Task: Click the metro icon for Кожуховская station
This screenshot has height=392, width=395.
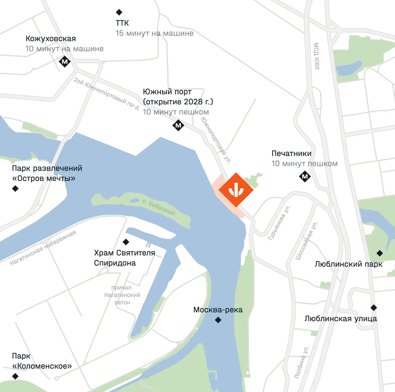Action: click(x=65, y=62)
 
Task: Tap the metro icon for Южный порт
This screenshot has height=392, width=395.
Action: click(x=178, y=125)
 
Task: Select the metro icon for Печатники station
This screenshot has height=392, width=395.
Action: click(x=305, y=176)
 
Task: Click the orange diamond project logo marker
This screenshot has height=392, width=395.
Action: click(x=236, y=190)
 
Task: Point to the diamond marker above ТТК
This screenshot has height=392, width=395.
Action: click(x=119, y=12)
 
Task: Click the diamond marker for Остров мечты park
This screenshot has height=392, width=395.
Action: click(x=15, y=189)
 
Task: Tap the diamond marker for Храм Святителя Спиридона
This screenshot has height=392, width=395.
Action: click(x=126, y=242)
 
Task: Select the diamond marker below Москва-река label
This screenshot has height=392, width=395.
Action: click(x=218, y=320)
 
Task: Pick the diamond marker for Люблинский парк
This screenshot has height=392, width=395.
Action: click(x=380, y=253)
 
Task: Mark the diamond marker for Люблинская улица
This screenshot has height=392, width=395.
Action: click(x=374, y=308)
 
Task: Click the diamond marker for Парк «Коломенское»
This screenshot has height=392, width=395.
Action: click(x=15, y=376)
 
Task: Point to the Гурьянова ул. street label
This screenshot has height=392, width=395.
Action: click(x=279, y=223)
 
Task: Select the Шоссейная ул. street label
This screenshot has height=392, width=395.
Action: click(x=307, y=241)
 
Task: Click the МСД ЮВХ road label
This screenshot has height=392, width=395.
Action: click(x=316, y=56)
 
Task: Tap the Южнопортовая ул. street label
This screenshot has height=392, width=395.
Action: click(x=216, y=140)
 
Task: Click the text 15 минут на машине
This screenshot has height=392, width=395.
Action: click(x=154, y=33)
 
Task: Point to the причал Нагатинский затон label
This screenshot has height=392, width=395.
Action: click(x=122, y=295)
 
